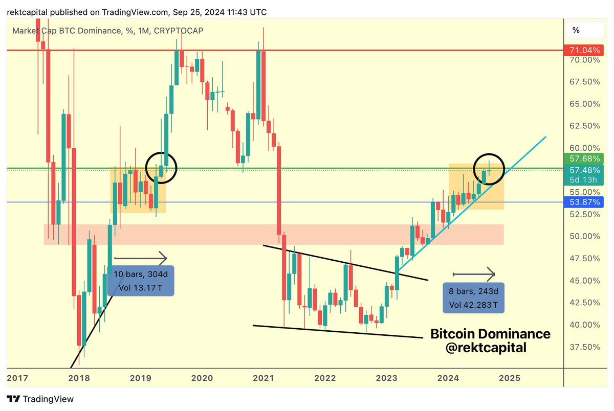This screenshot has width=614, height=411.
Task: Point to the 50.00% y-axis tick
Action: click(x=584, y=236)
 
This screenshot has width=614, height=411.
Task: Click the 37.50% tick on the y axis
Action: click(x=584, y=347)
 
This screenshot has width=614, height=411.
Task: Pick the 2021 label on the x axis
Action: click(x=263, y=378)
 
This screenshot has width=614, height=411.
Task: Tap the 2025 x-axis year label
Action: click(x=510, y=378)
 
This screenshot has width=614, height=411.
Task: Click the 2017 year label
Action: click(x=17, y=378)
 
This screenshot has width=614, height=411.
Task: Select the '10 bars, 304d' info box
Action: click(x=141, y=280)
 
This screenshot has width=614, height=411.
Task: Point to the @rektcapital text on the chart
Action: click(x=486, y=349)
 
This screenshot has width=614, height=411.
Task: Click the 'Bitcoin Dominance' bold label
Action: click(x=490, y=334)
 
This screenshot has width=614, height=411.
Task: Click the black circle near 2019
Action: click(x=162, y=167)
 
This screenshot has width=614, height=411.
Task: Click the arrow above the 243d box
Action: click(x=474, y=275)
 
